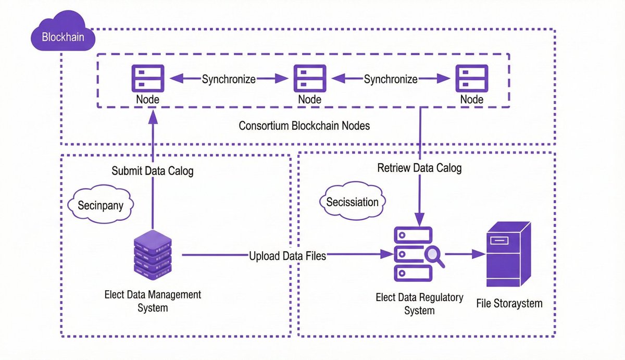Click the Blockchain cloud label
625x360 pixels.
[63, 38]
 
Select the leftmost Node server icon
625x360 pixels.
[148, 78]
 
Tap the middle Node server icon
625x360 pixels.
[310, 78]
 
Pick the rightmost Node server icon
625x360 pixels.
[471, 78]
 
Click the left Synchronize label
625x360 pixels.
[229, 80]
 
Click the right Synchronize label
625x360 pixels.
[391, 80]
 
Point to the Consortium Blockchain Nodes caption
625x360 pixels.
[304, 126]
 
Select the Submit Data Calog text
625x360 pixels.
[153, 171]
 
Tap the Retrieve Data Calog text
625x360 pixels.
[419, 168]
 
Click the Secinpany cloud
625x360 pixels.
[101, 205]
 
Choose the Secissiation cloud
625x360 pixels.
[352, 202]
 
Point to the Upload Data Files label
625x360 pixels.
[287, 256]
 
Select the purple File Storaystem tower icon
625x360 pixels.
[507, 254]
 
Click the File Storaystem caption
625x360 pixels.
[509, 303]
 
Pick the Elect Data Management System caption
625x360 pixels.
[153, 301]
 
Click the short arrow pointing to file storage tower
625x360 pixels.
[465, 255]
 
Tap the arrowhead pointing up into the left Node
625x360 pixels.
[153, 116]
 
